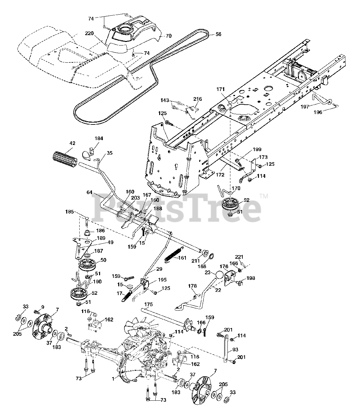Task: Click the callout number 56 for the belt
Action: point(218,34)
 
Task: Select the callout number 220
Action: point(90,33)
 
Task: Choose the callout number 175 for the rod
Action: point(148,305)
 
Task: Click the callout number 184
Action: point(99,138)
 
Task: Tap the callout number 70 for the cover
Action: point(169,36)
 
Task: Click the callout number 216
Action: point(198,99)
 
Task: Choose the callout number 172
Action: point(220,175)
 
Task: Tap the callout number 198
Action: point(251,278)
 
